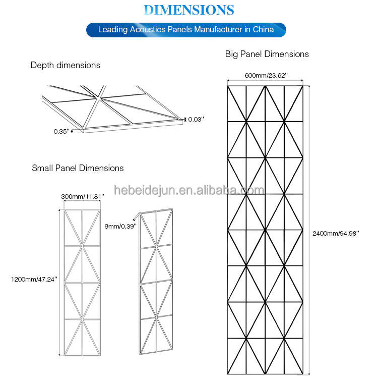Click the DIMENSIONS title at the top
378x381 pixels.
tap(189, 10)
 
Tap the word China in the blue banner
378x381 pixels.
tap(263, 29)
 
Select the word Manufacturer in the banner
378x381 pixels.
tap(218, 29)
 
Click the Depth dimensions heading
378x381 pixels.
tap(65, 65)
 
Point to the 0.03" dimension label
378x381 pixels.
tap(196, 119)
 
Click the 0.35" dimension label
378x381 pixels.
tap(61, 131)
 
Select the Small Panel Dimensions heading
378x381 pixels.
tap(78, 168)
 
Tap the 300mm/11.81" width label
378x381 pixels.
tap(83, 196)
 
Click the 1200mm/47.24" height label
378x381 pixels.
tap(34, 279)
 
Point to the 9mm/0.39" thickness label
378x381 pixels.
tap(120, 226)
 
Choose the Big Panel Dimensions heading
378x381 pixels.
tap(267, 54)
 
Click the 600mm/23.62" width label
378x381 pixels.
tap(266, 75)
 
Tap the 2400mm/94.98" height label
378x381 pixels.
tap(336, 233)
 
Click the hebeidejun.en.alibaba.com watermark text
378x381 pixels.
tap(189, 190)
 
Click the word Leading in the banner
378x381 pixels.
tap(113, 30)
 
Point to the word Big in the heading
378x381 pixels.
tap(231, 54)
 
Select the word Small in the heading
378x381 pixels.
tap(42, 168)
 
